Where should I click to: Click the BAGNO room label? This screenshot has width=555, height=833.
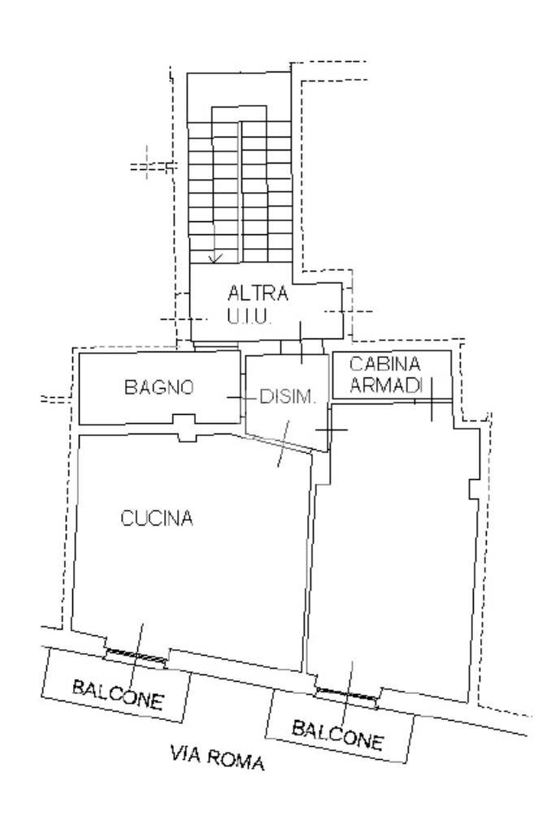click(x=158, y=388)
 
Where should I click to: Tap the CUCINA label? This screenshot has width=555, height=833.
click(x=157, y=518)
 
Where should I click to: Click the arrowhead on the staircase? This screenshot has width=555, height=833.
click(x=215, y=258)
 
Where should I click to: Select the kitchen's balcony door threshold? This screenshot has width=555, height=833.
click(x=135, y=655)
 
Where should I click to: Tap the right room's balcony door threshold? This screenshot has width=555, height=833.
click(x=347, y=693)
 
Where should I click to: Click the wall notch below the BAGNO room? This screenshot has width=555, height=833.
click(x=186, y=428)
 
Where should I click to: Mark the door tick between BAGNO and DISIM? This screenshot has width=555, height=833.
click(x=236, y=398)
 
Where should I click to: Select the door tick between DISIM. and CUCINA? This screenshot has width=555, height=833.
click(x=283, y=443)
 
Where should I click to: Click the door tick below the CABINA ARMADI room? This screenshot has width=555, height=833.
click(x=431, y=399)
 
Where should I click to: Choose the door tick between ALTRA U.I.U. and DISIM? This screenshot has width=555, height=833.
click(x=301, y=342)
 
